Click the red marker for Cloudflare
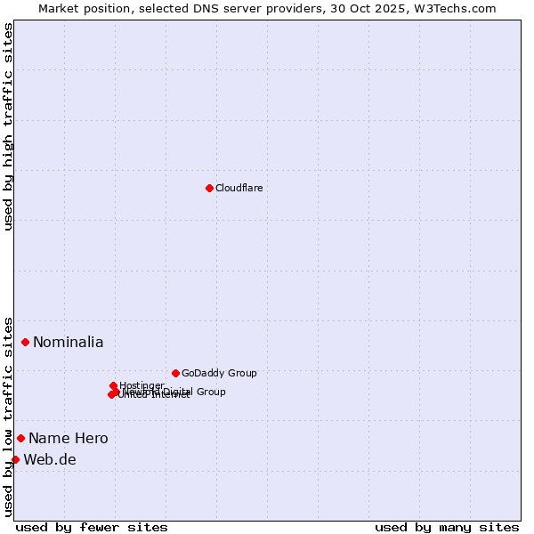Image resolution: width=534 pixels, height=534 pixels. click(209, 188)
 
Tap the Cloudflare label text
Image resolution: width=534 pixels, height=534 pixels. click(239, 188)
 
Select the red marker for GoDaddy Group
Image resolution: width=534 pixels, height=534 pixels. click(175, 373)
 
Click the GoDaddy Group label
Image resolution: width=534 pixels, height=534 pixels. click(219, 373)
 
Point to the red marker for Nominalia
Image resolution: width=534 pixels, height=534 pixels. click(25, 342)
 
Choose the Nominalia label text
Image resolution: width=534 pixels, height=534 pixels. click(69, 342)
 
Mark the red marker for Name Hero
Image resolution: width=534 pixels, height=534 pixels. click(20, 438)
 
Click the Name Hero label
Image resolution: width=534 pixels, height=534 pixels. click(69, 438)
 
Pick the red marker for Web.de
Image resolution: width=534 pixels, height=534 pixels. click(15, 459)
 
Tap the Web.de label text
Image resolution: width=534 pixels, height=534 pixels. click(50, 459)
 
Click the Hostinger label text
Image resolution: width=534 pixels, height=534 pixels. click(142, 385)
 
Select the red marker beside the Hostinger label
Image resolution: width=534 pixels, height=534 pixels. click(113, 385)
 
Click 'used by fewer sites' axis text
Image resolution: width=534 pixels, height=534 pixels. click(92, 527)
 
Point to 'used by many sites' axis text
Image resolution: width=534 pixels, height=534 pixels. click(447, 527)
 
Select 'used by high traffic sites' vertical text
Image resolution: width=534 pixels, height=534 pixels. click(8, 126)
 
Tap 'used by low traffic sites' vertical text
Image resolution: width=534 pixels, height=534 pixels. click(8, 416)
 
